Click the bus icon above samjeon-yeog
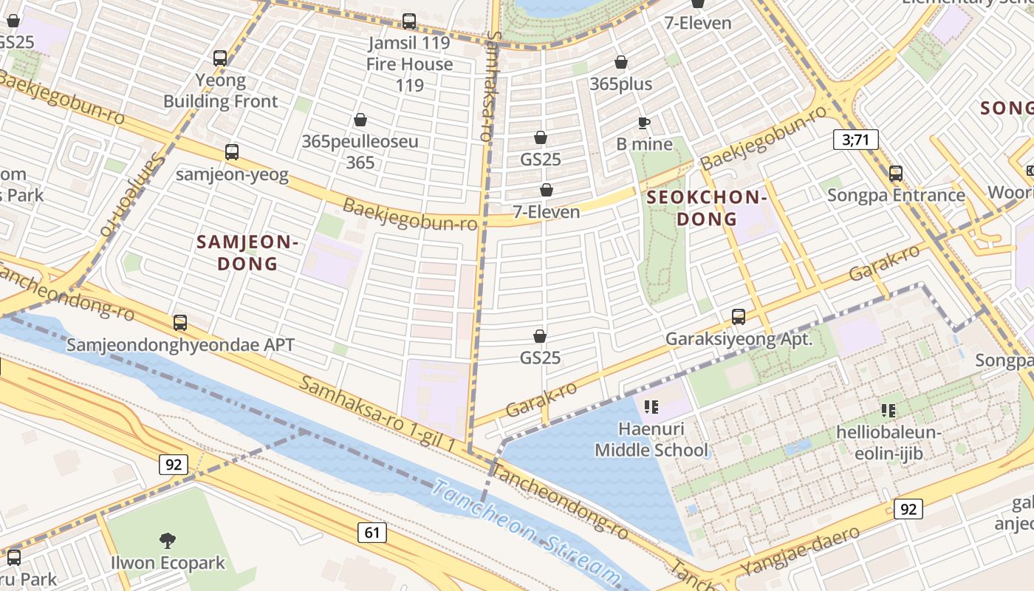(232, 152)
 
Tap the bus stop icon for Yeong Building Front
(220, 58)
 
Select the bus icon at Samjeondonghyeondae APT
(180, 322)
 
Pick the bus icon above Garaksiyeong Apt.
(738, 317)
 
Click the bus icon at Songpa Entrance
(896, 174)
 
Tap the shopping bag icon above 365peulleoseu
(360, 120)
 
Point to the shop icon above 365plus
(621, 62)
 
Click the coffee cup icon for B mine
(644, 123)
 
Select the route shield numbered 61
(372, 532)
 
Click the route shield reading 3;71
(855, 139)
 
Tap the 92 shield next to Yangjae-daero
(908, 509)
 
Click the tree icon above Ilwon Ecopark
(168, 541)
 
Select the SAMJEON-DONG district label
(247, 253)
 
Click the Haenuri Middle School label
(651, 440)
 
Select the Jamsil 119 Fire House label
(409, 64)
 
